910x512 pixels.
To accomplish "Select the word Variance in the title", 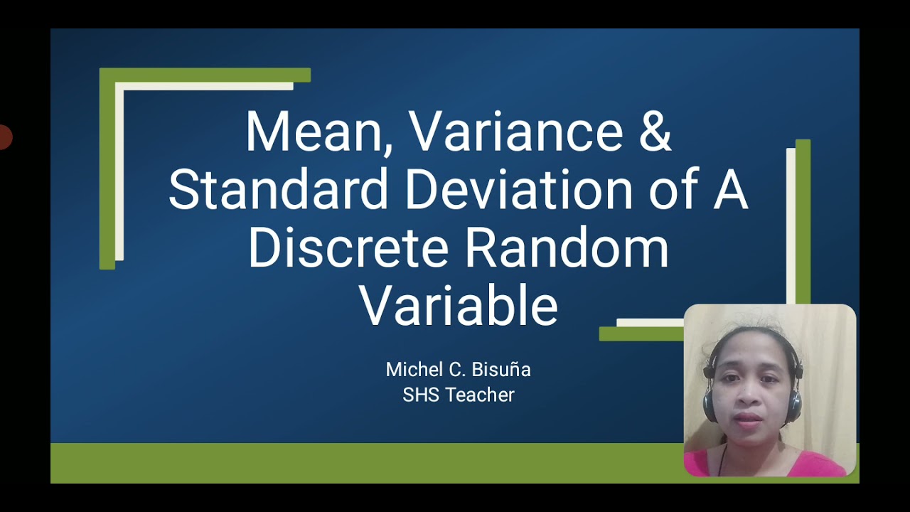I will click(x=515, y=132).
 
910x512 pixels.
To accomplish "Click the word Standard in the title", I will click(x=278, y=190).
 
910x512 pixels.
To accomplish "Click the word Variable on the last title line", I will click(x=459, y=306).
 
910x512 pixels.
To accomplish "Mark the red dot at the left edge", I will click(x=4, y=137).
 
